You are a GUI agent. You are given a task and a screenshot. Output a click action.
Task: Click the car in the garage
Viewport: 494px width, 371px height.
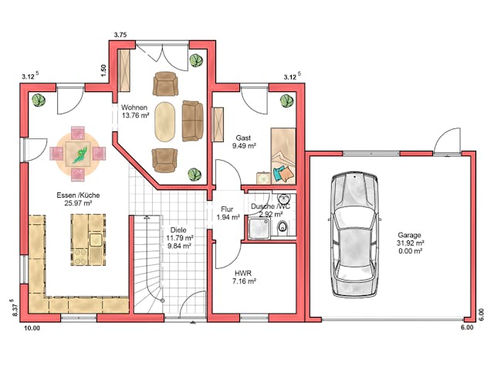pyautogui.click(x=354, y=235)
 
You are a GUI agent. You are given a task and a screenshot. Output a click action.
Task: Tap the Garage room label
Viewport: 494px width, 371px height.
pyautogui.click(x=410, y=235)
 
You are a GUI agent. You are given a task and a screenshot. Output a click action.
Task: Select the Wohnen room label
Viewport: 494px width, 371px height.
pyautogui.click(x=134, y=107)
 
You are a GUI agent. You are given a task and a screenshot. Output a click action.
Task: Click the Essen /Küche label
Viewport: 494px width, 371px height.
pyautogui.click(x=76, y=195)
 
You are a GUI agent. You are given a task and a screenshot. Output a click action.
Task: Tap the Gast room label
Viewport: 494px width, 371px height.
pyautogui.click(x=242, y=137)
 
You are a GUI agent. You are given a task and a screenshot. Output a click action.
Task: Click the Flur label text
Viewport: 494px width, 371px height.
pyautogui.click(x=227, y=209)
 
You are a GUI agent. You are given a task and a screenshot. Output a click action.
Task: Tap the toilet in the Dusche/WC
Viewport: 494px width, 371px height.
pyautogui.click(x=283, y=226)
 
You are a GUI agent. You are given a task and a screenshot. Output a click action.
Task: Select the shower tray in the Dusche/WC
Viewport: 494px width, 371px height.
pyautogui.click(x=259, y=228)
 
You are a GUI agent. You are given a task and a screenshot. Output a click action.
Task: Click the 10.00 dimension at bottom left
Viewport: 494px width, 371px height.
pyautogui.click(x=31, y=328)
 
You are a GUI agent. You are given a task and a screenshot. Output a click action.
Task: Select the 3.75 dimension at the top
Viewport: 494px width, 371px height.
pyautogui.click(x=120, y=35)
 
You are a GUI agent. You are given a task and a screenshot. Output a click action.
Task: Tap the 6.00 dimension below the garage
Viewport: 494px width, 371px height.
pyautogui.click(x=466, y=328)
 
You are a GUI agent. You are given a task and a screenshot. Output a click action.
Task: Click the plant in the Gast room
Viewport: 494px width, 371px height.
pyautogui.click(x=286, y=100)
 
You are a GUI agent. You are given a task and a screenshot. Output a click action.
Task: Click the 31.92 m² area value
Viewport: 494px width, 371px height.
pyautogui.click(x=410, y=243)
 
